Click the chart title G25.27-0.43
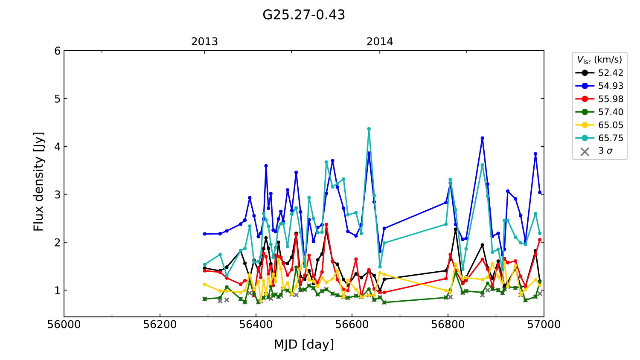pyautogui.click(x=303, y=15)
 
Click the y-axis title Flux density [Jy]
pyautogui.click(x=39, y=181)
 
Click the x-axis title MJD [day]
pyautogui.click(x=303, y=344)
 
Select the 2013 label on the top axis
pyautogui.click(x=204, y=42)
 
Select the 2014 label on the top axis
pyautogui.click(x=379, y=42)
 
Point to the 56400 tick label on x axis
pyautogui.click(x=256, y=325)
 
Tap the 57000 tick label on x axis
pyautogui.click(x=544, y=325)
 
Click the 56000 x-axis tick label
pyautogui.click(x=64, y=325)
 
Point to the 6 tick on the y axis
pyautogui.click(x=57, y=51)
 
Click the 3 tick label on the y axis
pyautogui.click(x=57, y=195)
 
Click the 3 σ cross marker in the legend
pyautogui.click(x=585, y=151)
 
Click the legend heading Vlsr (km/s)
pyautogui.click(x=599, y=60)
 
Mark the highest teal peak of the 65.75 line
pyautogui.click(x=369, y=129)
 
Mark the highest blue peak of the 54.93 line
pyautogui.click(x=483, y=138)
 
